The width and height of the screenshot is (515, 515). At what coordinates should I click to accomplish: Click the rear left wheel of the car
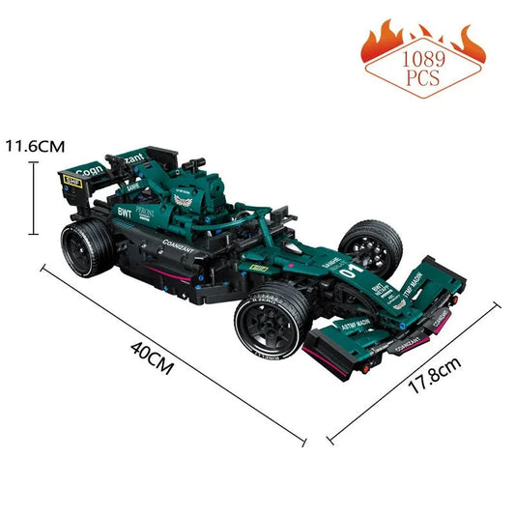click(85, 243)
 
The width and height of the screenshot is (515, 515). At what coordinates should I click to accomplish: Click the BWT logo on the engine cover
click(124, 211)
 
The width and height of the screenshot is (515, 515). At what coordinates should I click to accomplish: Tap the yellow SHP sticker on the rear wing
click(71, 178)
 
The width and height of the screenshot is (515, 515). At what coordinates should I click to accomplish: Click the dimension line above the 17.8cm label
click(415, 372)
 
